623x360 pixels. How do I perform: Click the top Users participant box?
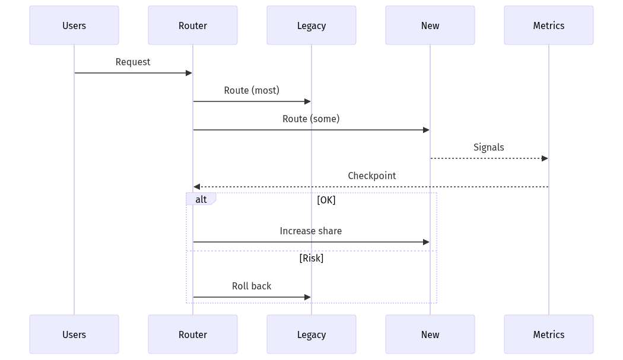[x=74, y=26]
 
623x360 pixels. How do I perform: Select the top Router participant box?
[x=193, y=26]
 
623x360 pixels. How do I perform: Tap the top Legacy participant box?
[x=311, y=26]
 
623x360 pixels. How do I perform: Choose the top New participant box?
[x=430, y=26]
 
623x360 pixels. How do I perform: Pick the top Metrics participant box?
[x=549, y=26]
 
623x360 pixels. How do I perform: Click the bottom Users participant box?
[x=74, y=334]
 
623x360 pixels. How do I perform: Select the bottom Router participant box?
[x=193, y=334]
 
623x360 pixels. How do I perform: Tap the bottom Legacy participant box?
[x=311, y=334]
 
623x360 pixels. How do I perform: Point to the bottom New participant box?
[x=430, y=334]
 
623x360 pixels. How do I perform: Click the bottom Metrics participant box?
[x=549, y=334]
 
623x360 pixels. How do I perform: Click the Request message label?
[x=133, y=62]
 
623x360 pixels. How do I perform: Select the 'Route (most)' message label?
[x=252, y=90]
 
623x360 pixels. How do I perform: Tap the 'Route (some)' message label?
[x=311, y=119]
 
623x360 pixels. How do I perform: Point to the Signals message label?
[x=489, y=147]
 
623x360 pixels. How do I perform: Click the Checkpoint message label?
[x=372, y=176]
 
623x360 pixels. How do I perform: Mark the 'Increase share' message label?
[x=311, y=231]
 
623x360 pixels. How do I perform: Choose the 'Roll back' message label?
[x=252, y=286]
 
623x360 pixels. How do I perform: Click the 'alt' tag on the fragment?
[x=201, y=199]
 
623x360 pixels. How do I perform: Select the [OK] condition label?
[x=326, y=200]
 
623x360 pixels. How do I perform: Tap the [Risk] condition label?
[x=311, y=258]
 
